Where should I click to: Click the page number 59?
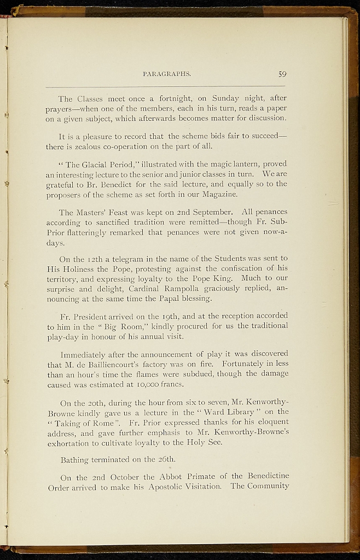pos(282,74)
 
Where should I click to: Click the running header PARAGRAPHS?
pos(166,74)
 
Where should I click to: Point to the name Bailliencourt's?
pos(107,364)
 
